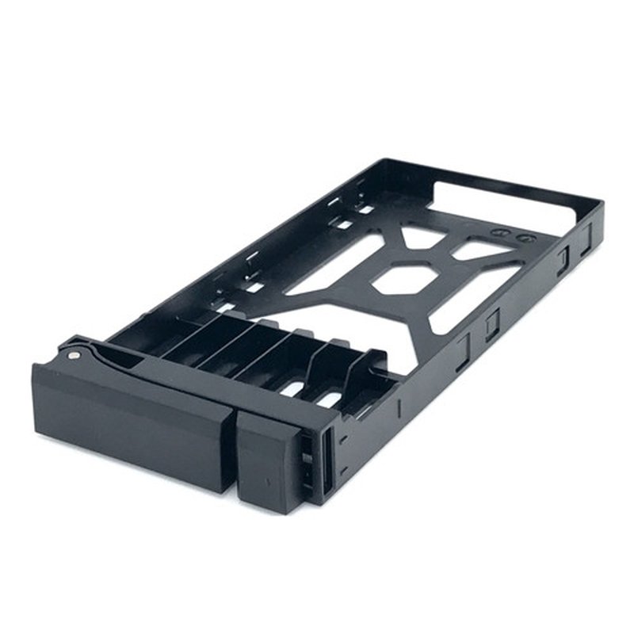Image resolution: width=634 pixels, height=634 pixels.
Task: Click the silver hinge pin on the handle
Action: (74, 355)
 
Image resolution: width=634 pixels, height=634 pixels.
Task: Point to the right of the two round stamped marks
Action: (522, 237)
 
